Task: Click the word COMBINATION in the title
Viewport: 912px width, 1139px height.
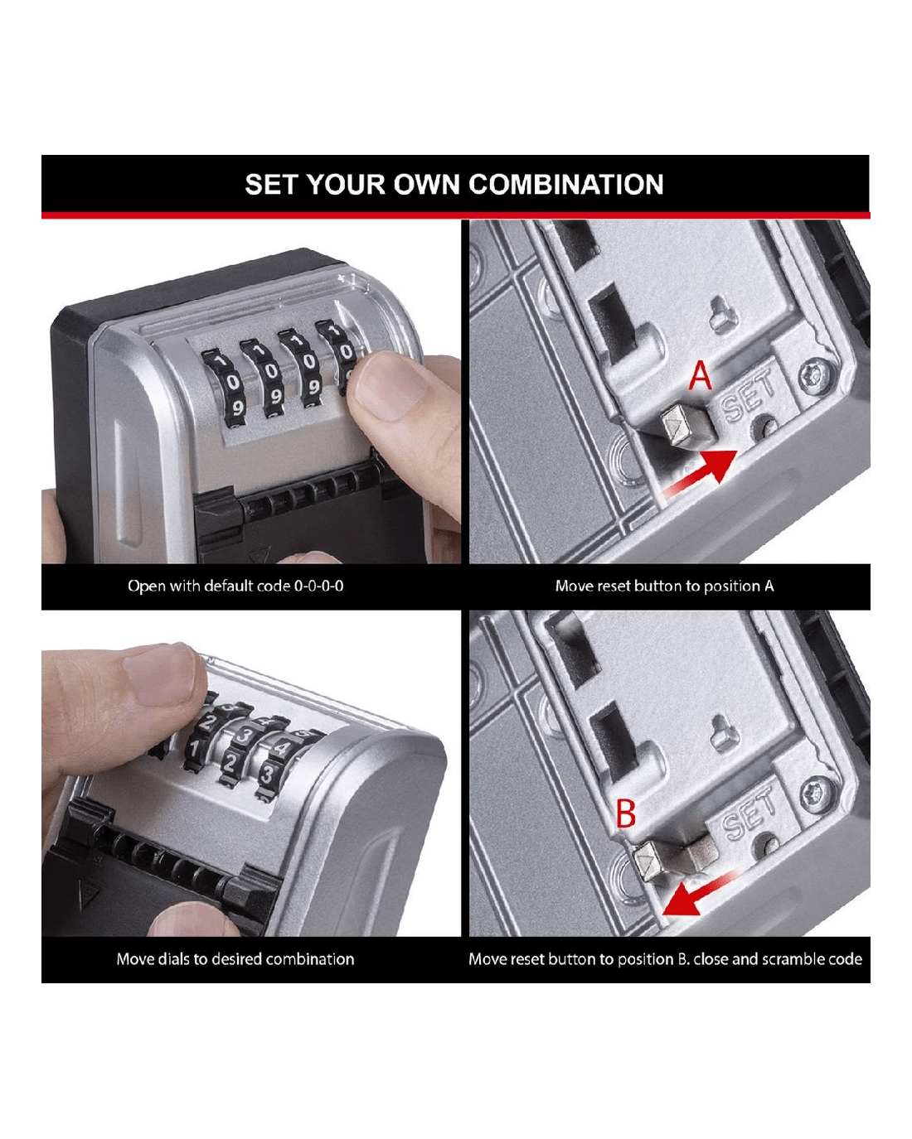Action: pos(565,185)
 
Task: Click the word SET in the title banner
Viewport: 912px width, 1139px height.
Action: pos(272,185)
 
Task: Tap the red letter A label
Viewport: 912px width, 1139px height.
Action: pos(700,376)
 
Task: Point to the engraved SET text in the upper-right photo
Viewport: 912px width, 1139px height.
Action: pos(748,396)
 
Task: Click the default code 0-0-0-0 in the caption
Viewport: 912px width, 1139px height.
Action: pos(318,586)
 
